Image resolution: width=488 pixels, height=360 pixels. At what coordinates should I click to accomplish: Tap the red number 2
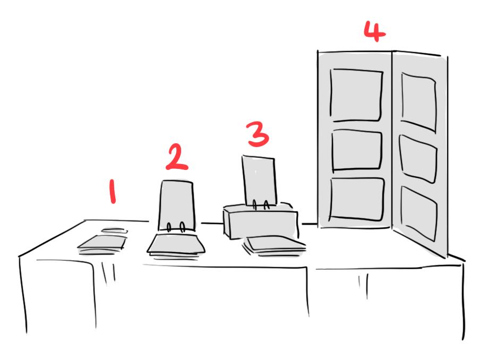pyautogui.click(x=176, y=157)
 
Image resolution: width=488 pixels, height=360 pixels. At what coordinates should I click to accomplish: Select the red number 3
pyautogui.click(x=258, y=134)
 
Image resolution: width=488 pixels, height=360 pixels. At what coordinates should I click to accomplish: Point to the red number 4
pyautogui.click(x=375, y=31)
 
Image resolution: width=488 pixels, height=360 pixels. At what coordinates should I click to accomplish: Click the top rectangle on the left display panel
pyautogui.click(x=356, y=95)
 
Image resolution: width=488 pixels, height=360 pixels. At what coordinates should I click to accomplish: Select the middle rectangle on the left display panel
pyautogui.click(x=357, y=151)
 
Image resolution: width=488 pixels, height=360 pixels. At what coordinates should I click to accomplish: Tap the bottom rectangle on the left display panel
pyautogui.click(x=357, y=199)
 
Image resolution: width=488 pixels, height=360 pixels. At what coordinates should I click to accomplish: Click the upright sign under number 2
pyautogui.click(x=177, y=206)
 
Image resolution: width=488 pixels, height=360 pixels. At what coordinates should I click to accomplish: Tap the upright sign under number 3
pyautogui.click(x=259, y=181)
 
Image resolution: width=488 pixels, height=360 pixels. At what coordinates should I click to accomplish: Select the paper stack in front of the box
pyautogui.click(x=274, y=246)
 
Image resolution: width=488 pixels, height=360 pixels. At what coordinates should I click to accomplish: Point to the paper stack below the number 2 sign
pyautogui.click(x=176, y=246)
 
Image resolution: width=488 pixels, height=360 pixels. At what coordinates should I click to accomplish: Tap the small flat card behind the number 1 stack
pyautogui.click(x=115, y=230)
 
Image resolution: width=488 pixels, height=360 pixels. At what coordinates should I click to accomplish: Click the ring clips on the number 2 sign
pyautogui.click(x=176, y=227)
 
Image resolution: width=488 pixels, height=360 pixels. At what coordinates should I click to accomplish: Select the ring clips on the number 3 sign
pyautogui.click(x=261, y=205)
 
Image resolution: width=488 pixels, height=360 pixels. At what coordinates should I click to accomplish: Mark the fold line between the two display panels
pyautogui.click(x=392, y=140)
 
